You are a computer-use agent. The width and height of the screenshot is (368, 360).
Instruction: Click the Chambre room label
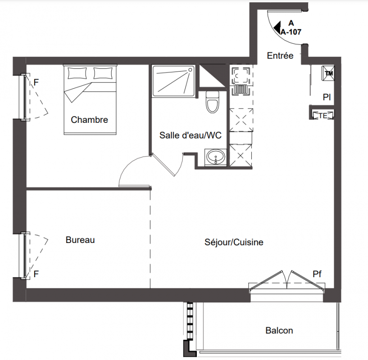point(90,120)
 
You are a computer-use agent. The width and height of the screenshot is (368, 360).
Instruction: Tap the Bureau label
point(80,240)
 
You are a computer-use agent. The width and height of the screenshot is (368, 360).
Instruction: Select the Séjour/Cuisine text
point(234,242)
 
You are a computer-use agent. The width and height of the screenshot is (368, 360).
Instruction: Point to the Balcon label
point(279,331)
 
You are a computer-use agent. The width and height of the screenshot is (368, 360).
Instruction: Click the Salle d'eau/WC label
point(191,135)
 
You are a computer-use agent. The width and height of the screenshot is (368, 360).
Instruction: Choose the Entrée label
point(280,56)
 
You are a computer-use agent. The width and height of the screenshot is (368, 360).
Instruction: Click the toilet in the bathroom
point(213,102)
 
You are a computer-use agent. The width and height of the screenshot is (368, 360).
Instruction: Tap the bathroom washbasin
point(216,157)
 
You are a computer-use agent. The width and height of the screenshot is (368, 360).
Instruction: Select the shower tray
point(173,81)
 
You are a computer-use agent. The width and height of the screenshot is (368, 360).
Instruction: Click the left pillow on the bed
point(77,73)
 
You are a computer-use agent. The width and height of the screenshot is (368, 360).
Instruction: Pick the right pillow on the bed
point(103,73)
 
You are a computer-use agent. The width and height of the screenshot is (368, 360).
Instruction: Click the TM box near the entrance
point(328,73)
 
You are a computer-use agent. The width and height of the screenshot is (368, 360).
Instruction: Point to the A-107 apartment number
point(291,32)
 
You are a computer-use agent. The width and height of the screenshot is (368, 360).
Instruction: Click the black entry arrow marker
point(277,27)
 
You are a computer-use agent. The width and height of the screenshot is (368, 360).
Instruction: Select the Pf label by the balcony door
point(317,274)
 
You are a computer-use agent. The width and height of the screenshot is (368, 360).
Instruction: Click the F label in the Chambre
point(36,82)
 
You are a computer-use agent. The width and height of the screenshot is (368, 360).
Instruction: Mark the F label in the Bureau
point(36,274)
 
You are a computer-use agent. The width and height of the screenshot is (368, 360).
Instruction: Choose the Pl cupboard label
point(327,97)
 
